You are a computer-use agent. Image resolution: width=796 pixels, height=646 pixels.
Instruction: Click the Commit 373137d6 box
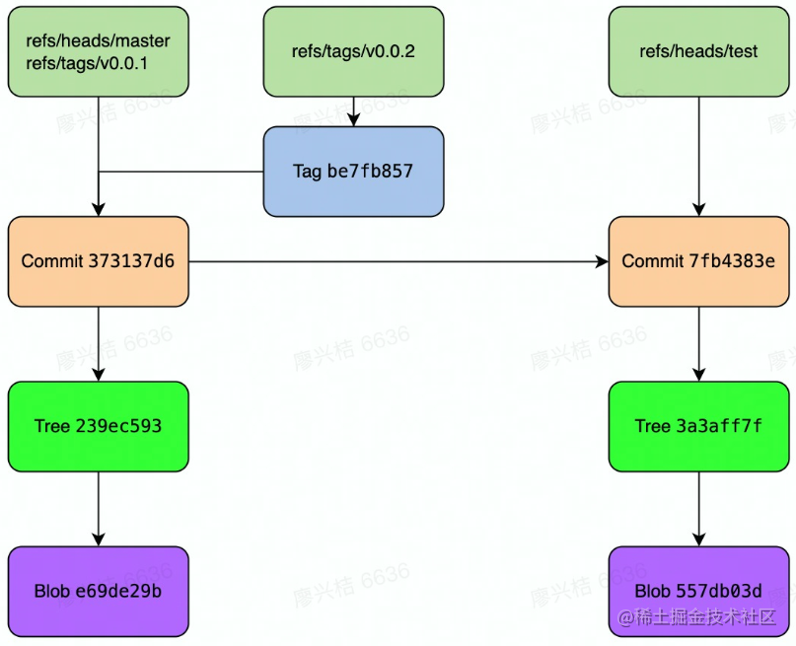point(98,261)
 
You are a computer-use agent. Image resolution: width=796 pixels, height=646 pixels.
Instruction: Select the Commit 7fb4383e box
point(698,261)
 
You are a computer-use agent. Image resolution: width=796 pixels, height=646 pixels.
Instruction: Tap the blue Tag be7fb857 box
point(353,172)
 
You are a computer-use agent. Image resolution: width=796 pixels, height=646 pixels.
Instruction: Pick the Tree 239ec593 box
point(98,426)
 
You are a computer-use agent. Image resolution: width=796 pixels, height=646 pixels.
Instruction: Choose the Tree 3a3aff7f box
point(698,426)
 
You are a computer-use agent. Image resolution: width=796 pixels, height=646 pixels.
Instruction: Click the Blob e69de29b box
point(98,591)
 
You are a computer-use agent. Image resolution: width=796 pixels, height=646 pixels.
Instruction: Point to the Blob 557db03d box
point(698,591)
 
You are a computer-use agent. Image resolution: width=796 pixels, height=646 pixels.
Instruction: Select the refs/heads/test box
point(698,51)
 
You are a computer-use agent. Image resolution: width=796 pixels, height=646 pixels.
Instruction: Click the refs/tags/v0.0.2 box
point(353,51)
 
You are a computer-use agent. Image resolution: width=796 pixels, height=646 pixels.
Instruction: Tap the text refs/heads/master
point(98,41)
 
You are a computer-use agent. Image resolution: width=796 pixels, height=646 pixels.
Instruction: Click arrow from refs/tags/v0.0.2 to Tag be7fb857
point(353,111)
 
